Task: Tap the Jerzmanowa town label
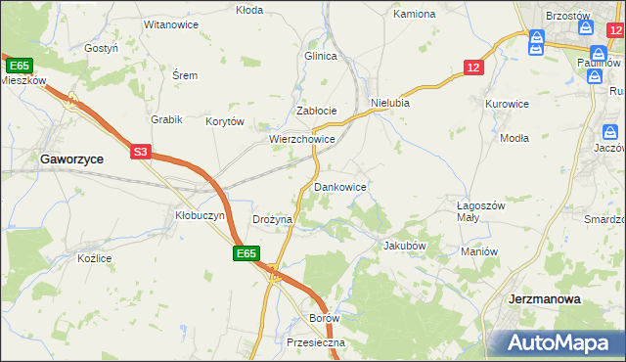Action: click(x=545, y=298)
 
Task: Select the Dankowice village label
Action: click(x=339, y=186)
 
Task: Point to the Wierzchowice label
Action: click(x=302, y=140)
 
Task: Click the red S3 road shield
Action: click(x=141, y=152)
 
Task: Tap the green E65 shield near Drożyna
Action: click(x=246, y=253)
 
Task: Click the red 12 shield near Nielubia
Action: click(x=473, y=67)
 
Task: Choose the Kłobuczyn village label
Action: click(x=200, y=214)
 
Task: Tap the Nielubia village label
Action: click(x=389, y=103)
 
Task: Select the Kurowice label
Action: click(x=507, y=103)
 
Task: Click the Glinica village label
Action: click(x=320, y=56)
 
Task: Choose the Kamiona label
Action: click(x=414, y=15)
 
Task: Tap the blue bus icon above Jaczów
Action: click(x=609, y=132)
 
